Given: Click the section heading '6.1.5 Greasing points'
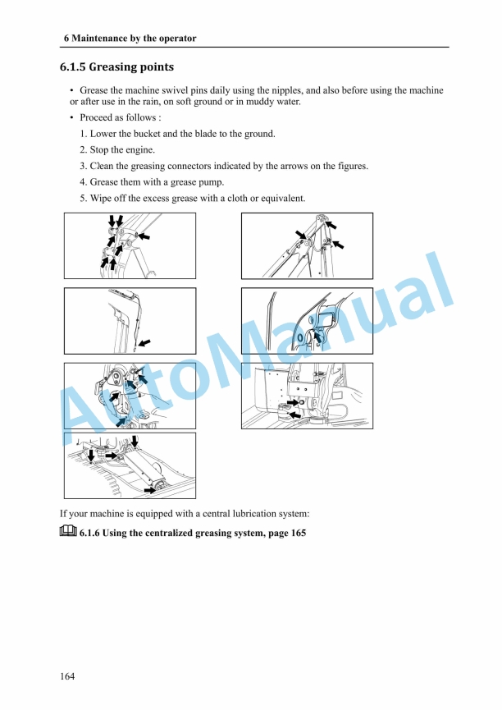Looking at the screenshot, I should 116,66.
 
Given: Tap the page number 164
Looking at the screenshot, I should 67,676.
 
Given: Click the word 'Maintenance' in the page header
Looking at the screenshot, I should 103,39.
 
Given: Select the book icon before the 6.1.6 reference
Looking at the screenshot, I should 68,532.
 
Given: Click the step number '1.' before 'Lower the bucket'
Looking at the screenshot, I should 84,134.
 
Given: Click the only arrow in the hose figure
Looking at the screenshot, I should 145,340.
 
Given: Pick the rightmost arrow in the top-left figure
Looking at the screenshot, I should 144,236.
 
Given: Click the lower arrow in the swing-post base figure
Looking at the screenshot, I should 294,415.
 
